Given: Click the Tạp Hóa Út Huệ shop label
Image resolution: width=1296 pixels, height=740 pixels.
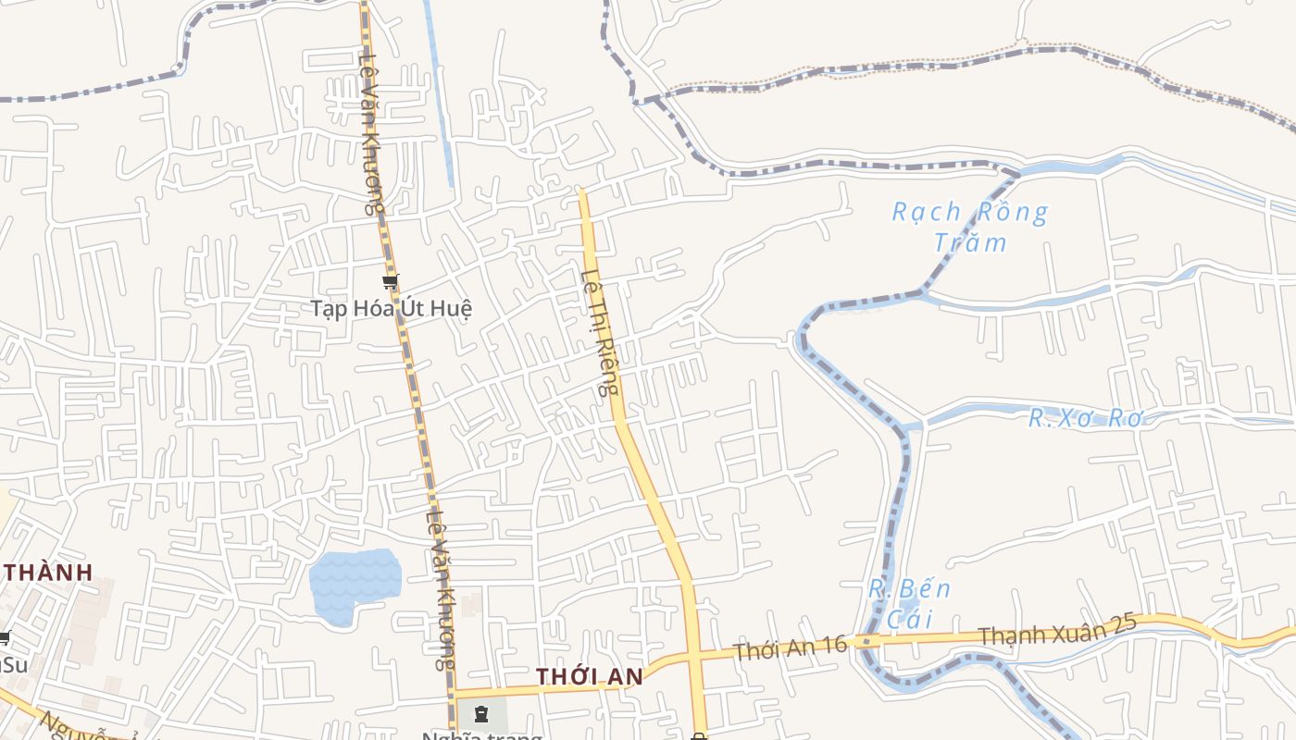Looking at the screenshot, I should click(x=391, y=308).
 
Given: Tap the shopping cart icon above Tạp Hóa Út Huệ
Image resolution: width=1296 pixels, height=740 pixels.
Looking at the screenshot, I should click(x=390, y=281).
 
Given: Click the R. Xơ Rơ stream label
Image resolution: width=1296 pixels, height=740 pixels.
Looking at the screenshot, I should click(x=1087, y=418).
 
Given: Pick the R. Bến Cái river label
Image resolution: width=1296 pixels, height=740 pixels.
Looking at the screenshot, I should click(x=910, y=603).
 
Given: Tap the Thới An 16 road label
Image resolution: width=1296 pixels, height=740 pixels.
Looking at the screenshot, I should click(x=790, y=647).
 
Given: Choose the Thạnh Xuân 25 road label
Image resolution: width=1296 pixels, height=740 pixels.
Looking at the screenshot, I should click(x=1056, y=634).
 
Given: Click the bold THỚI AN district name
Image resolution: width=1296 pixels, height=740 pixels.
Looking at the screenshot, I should click(x=590, y=677).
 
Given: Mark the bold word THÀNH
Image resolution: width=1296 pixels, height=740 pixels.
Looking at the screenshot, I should click(x=48, y=573).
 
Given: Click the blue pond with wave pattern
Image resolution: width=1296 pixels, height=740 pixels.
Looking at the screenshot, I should click(x=354, y=585).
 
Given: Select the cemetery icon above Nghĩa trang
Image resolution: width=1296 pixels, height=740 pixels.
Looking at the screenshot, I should click(x=480, y=713).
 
